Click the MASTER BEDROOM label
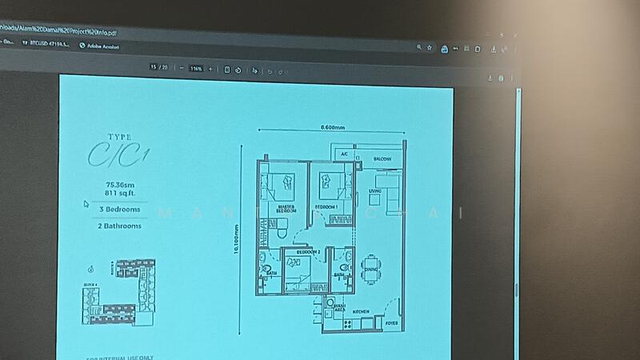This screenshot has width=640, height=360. (285, 210)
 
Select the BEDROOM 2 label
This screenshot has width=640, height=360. (308, 252)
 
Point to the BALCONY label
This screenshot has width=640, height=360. (383, 159)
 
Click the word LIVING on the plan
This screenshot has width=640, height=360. (374, 191)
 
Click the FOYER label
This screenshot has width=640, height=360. (391, 323)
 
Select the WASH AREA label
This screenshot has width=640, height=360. (341, 306)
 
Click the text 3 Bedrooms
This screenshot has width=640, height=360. (120, 210)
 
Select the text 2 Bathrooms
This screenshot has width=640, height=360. (120, 226)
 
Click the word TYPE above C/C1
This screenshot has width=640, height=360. (119, 138)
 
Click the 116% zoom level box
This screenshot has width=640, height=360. (197, 69)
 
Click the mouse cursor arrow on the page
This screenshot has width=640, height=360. (86, 204)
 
